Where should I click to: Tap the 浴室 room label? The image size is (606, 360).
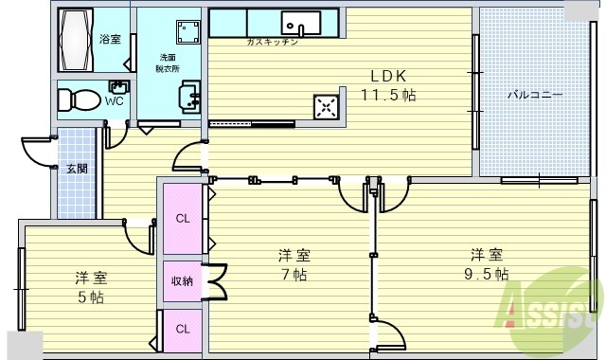pyautogui.click(x=110, y=39)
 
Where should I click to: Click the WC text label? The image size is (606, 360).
pyautogui.click(x=115, y=100)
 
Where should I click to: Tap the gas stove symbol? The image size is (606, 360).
pyautogui.click(x=328, y=106)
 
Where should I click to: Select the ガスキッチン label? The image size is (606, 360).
pyautogui.click(x=272, y=43)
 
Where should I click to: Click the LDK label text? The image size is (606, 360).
pyautogui.click(x=388, y=76)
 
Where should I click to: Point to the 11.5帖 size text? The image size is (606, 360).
pyautogui.click(x=388, y=95)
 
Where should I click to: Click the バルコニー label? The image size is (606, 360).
pyautogui.click(x=535, y=95)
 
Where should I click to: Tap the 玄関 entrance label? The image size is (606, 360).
pyautogui.click(x=76, y=169)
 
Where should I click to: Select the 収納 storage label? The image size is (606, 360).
pyautogui.click(x=182, y=281)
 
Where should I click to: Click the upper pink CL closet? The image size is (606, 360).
pyautogui.click(x=182, y=218)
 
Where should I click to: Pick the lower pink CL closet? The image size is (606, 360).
pyautogui.click(x=182, y=330)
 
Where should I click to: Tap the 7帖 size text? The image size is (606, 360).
pyautogui.click(x=294, y=275)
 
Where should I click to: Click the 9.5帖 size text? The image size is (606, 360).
pyautogui.click(x=488, y=275)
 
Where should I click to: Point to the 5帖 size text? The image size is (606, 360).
pyautogui.click(x=91, y=297)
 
